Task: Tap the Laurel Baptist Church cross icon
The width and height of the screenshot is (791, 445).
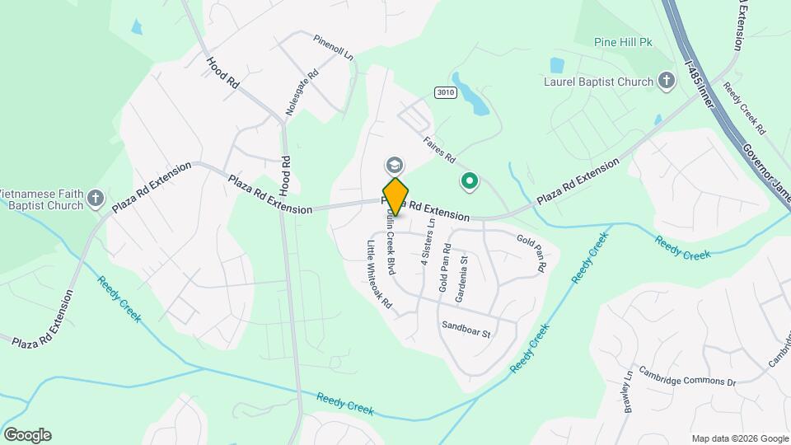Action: coord(667,81)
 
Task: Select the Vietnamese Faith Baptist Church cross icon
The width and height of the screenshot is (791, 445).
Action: coord(96,197)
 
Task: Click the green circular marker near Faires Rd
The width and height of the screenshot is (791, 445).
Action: coord(470,180)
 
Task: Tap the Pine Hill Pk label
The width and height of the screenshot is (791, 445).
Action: coord(623,42)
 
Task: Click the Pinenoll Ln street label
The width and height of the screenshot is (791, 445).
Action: coord(333,49)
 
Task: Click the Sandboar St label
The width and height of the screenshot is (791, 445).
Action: coord(466,329)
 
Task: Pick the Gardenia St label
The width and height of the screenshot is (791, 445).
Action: coord(464,272)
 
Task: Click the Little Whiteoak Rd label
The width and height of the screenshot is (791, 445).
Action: coord(379,275)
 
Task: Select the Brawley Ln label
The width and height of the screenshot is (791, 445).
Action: coord(628,391)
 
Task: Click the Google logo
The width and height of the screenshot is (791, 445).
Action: coord(27,435)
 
